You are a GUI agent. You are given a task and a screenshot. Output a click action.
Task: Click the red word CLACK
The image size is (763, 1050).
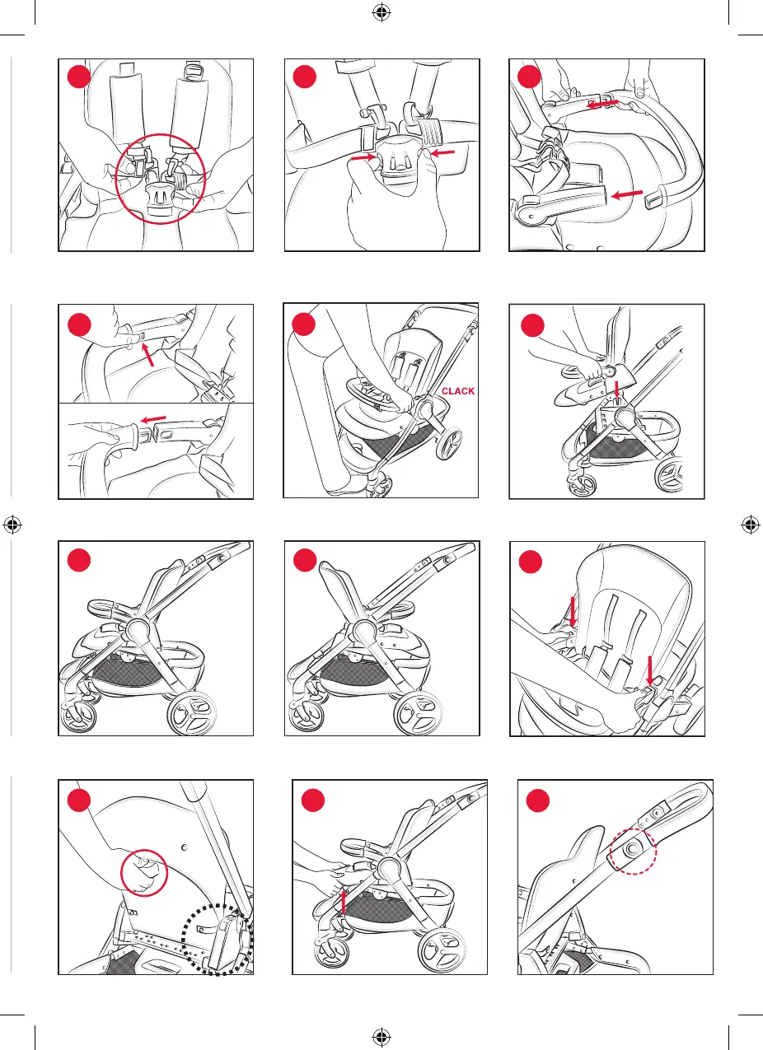pos(457,391)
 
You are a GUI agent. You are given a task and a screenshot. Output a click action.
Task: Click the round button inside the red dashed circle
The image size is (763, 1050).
pos(633,848)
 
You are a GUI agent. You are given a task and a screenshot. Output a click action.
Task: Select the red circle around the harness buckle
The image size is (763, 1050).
pos(161,179)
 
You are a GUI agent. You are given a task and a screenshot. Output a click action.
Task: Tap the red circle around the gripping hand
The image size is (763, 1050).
pos(144,873)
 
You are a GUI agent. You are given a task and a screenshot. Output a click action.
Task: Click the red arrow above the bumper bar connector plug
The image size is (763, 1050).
pos(153,418)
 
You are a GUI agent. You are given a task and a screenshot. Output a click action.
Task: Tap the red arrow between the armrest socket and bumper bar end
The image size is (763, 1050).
pos(627,194)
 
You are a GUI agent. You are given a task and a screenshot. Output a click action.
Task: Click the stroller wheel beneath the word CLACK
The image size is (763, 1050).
pos(449,444)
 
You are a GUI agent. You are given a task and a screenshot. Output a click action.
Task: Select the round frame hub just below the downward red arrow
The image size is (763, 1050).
pos(625,416)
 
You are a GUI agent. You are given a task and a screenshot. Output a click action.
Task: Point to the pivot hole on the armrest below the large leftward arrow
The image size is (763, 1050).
pos(531,216)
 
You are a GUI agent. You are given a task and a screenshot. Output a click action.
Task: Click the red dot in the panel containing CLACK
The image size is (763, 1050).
pos(303,324)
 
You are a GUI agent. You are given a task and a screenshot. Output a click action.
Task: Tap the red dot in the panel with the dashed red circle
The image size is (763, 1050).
pos(537,800)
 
